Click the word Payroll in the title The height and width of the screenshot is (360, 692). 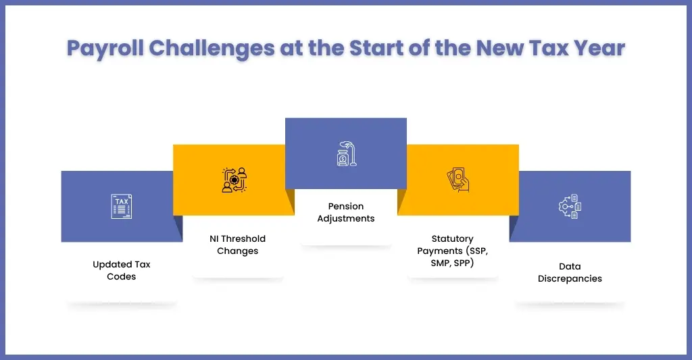[x=105, y=49]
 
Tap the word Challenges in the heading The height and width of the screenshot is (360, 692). [x=212, y=49]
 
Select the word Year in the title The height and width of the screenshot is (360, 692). [x=599, y=48]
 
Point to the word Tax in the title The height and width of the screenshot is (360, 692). [x=549, y=48]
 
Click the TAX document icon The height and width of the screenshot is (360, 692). [x=122, y=206]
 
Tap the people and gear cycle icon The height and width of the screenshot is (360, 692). [x=234, y=180]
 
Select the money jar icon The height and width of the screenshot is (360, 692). [x=347, y=153]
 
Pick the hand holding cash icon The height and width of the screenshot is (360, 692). [x=458, y=180]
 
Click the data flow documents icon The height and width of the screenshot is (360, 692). [x=570, y=206]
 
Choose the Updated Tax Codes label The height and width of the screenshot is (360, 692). [x=122, y=270]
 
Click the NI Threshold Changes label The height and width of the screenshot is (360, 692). [x=237, y=245]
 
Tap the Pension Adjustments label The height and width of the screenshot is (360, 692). [x=346, y=212]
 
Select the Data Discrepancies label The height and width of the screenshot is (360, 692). [x=570, y=272]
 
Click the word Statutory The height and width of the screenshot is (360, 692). [x=452, y=239]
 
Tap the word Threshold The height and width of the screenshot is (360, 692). [x=243, y=238]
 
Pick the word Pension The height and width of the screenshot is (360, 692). [x=346, y=207]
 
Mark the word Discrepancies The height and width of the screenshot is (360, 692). [x=570, y=279]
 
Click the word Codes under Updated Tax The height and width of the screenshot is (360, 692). [x=122, y=277]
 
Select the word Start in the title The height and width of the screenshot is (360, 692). [x=376, y=48]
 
